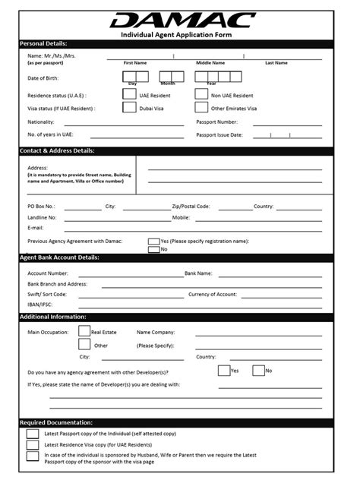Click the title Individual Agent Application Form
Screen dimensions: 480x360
(180, 36)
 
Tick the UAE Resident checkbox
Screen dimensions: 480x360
(129, 95)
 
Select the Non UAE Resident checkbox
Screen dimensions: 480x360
(201, 95)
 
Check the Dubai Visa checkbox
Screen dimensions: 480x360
(129, 108)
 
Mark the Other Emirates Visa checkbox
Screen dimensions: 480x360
(201, 108)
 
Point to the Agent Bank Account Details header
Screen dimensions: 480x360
(59, 257)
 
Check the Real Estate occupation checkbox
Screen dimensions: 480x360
(84, 331)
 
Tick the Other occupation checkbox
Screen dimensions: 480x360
(84, 345)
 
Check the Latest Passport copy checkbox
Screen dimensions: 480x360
(33, 434)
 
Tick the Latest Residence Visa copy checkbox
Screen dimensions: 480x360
(33, 444)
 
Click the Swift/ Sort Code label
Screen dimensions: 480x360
(47, 294)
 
